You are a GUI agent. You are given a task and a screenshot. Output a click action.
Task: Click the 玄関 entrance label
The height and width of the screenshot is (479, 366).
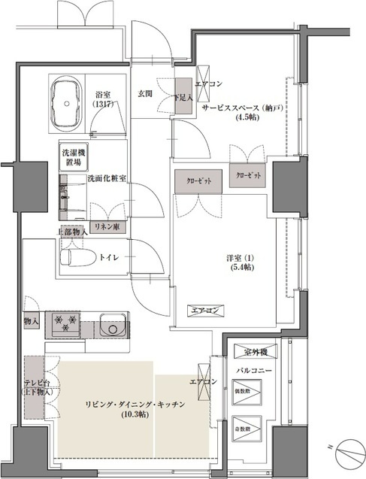click(x=146, y=94)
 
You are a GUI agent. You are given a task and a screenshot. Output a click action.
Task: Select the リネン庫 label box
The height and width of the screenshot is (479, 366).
click(x=104, y=225)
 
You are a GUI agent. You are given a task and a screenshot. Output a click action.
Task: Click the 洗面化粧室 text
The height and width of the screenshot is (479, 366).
click(x=106, y=178)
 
